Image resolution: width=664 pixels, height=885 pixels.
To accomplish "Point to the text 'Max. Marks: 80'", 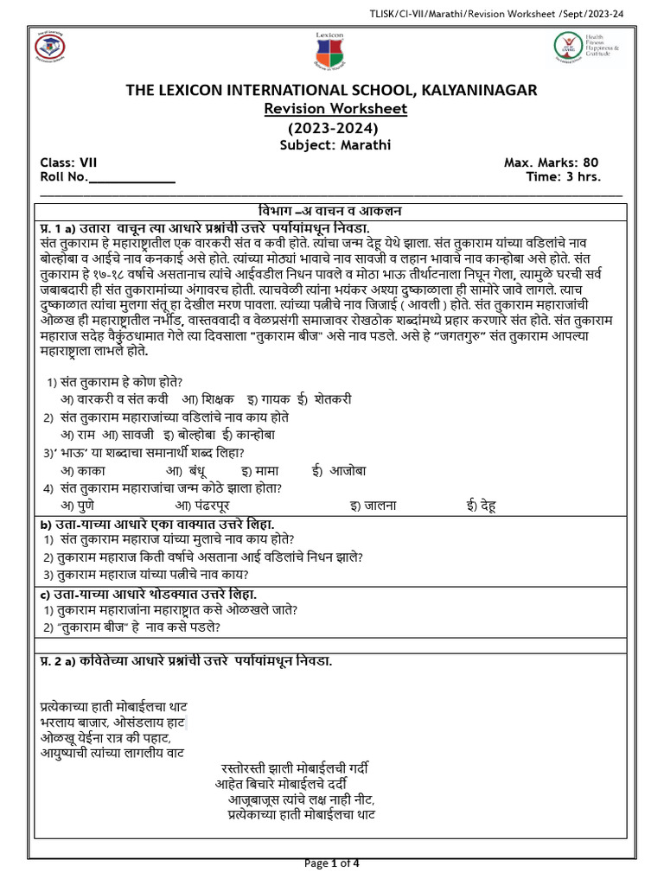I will point(551,162).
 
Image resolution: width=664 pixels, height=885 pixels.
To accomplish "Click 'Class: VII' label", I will point(69,162).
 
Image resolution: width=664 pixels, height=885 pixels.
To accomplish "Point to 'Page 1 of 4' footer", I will point(334,863).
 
